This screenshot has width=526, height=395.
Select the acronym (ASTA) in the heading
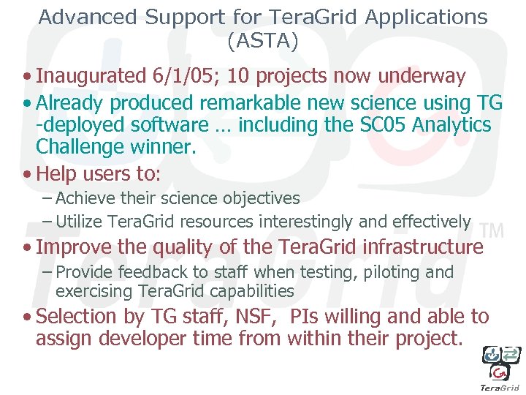[263, 42]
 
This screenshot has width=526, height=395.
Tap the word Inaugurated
[91, 76]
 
